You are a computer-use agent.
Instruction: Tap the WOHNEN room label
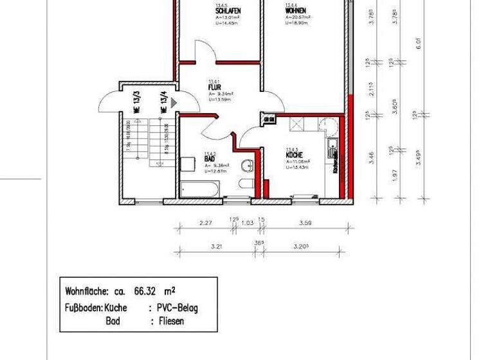click(295, 12)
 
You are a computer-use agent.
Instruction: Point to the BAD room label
click(210, 158)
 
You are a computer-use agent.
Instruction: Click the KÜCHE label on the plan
click(295, 156)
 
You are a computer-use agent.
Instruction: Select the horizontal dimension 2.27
click(205, 223)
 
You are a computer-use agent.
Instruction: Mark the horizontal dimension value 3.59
click(306, 223)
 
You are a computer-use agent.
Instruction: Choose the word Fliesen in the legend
click(171, 321)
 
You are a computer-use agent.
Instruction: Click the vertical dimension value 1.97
click(395, 174)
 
